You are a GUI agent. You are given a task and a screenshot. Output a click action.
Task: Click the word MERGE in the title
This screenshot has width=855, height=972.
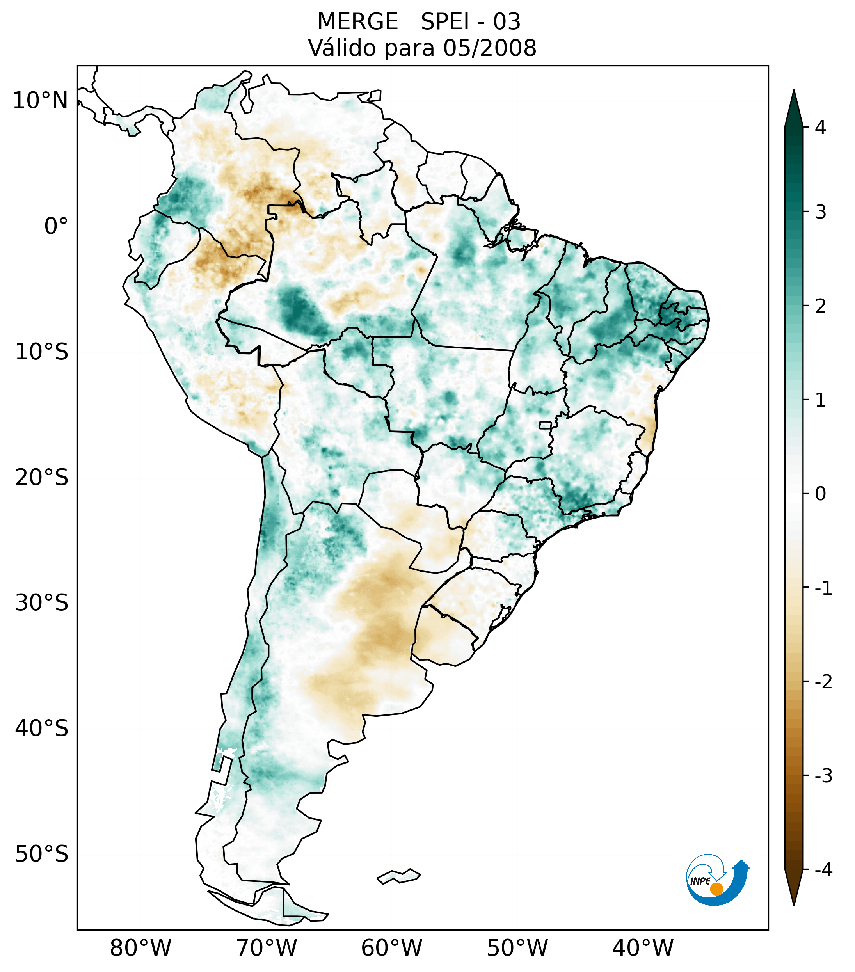(x=357, y=22)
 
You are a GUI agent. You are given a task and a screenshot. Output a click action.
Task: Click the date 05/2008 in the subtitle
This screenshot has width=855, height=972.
(x=490, y=48)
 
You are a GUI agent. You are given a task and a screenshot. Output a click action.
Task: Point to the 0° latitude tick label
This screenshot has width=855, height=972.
(x=56, y=226)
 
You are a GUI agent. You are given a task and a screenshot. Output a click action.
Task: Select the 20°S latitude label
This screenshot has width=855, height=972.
(x=42, y=478)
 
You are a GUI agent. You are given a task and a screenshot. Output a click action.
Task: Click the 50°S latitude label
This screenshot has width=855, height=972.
(x=42, y=855)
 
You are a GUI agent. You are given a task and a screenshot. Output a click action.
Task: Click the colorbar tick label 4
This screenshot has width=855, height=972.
(x=820, y=128)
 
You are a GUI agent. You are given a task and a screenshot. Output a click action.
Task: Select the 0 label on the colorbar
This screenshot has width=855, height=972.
(x=820, y=494)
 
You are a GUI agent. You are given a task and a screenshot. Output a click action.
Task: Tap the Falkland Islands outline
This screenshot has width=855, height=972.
(x=398, y=876)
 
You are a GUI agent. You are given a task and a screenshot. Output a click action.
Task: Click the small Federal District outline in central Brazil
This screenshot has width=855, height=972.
(x=546, y=425)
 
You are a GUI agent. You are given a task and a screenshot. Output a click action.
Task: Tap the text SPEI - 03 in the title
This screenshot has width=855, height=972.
(x=471, y=22)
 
